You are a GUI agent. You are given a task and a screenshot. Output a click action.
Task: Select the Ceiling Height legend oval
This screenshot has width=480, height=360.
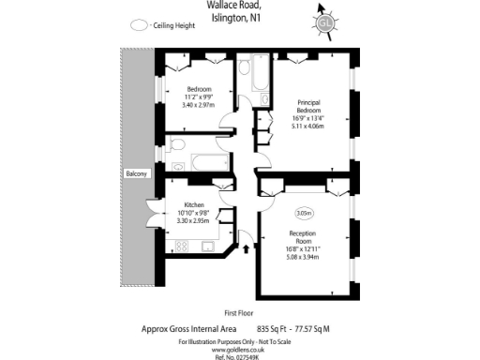pos(141,26)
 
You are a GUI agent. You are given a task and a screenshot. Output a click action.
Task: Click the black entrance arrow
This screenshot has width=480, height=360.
pos(247,248)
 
